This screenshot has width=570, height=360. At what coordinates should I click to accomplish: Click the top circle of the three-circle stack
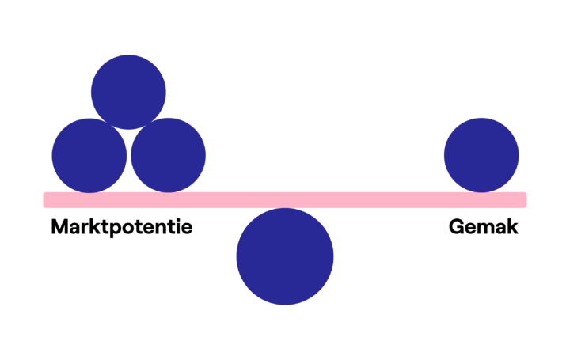tap(128, 92)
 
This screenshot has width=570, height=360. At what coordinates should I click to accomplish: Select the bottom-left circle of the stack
tap(89, 156)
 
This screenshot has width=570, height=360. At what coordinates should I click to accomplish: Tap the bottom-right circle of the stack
tap(168, 156)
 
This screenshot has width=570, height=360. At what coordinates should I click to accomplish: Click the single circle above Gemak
tap(481, 156)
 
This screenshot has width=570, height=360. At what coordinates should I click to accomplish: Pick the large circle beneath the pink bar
tap(285, 256)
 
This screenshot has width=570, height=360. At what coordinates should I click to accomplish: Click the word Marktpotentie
tap(122, 227)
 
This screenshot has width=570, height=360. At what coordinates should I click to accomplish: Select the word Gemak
tap(484, 226)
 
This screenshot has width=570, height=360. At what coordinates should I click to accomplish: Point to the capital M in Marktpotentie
tap(60, 226)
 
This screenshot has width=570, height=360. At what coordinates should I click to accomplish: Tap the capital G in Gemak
tap(457, 226)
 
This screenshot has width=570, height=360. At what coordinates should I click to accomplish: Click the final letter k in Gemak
tap(512, 226)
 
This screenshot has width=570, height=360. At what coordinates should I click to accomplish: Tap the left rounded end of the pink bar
tap(44, 200)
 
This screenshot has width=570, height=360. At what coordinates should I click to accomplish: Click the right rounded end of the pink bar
tap(526, 200)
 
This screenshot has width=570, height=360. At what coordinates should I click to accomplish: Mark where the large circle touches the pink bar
tap(285, 208)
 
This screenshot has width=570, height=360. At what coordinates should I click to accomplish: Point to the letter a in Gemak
tap(500, 229)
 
